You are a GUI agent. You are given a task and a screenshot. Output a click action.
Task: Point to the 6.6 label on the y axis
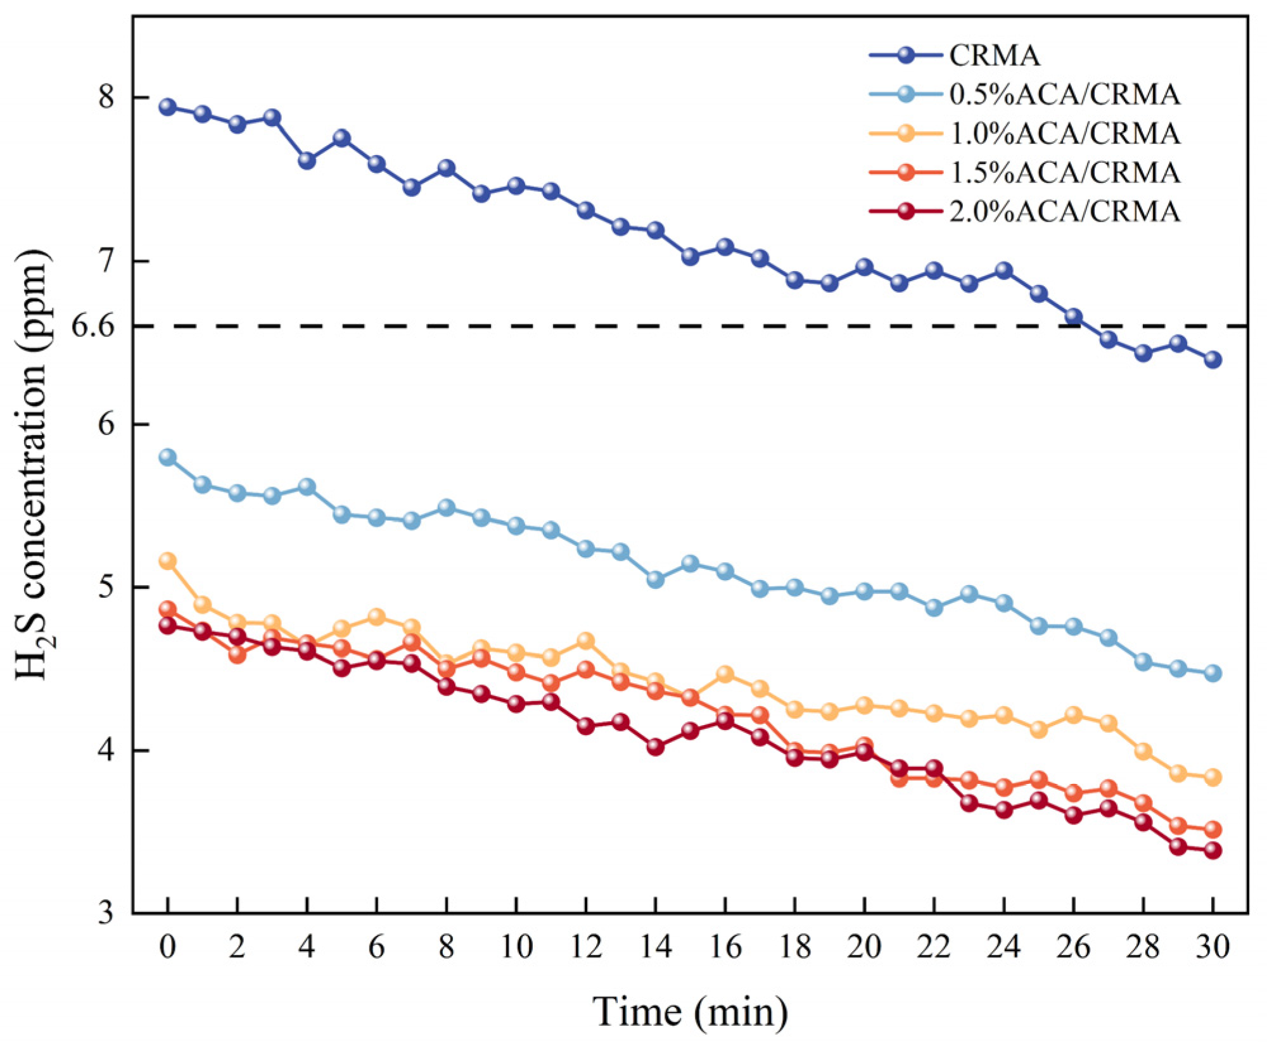93,326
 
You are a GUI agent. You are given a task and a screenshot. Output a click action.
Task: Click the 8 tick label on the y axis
106,98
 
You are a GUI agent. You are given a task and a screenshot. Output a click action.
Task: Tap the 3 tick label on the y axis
106,913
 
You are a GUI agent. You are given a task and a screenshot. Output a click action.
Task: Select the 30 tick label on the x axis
1213,948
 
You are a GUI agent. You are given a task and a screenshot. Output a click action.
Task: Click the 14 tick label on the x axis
655,948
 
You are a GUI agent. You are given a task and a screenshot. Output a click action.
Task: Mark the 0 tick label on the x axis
167,948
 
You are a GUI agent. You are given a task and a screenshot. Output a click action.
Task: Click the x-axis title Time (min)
691,1012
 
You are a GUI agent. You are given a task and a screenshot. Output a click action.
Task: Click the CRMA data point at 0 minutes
167,106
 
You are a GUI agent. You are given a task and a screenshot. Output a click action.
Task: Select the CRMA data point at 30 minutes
1213,360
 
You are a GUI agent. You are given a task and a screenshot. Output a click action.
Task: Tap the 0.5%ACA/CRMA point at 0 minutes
167,457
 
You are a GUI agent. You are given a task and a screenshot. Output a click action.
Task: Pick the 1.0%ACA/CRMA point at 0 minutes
167,561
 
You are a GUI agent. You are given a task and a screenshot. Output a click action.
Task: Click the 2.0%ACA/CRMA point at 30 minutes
1213,850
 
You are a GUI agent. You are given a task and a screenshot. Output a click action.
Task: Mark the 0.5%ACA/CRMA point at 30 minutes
1213,673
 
